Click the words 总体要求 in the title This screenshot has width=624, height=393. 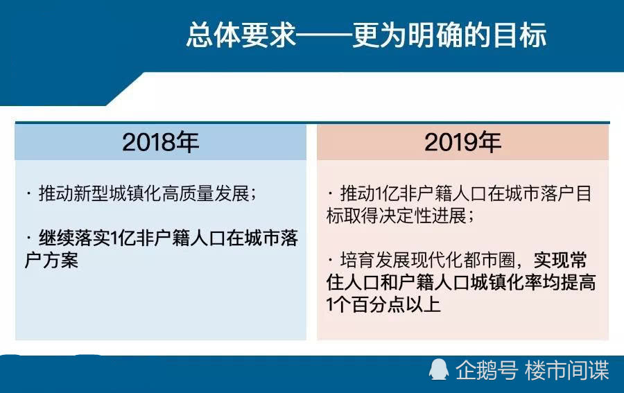click(x=241, y=35)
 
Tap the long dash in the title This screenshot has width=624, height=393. click(x=324, y=36)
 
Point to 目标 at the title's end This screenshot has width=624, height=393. click(x=519, y=35)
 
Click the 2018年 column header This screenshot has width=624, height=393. click(x=160, y=142)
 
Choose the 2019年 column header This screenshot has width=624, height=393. click(x=462, y=142)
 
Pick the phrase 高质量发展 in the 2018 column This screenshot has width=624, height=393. click(x=206, y=193)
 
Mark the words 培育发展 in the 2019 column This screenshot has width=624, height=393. click(x=375, y=261)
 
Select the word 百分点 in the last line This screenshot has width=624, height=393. click(x=379, y=305)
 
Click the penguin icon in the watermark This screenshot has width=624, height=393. click(x=439, y=370)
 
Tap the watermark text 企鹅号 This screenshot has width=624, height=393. click(x=486, y=370)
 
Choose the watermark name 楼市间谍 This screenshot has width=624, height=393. click(x=566, y=370)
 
